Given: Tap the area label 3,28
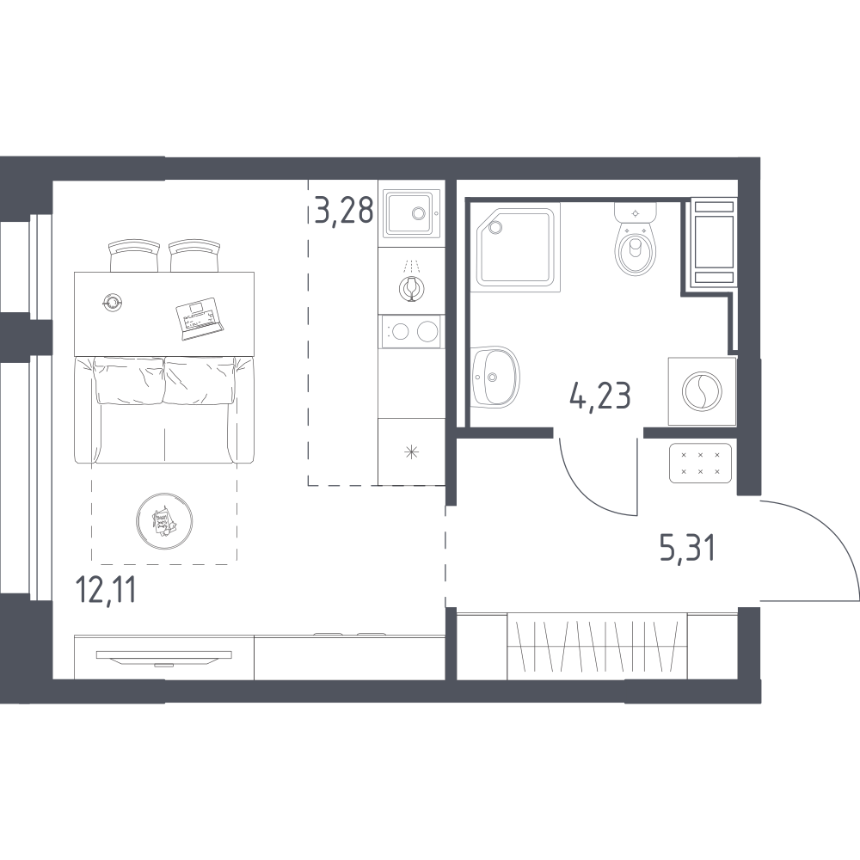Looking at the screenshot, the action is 344,210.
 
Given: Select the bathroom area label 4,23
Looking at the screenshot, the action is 600,396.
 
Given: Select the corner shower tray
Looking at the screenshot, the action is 519,247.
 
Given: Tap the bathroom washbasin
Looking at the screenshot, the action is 495,377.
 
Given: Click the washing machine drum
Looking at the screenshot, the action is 702,390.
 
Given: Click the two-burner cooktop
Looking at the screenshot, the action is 410,331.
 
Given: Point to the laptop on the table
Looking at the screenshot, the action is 200,318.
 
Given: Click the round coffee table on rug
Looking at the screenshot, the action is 164,519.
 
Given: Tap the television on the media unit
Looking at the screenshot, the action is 163,657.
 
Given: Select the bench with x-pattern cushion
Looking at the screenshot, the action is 701,464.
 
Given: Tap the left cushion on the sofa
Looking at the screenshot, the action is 130,379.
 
